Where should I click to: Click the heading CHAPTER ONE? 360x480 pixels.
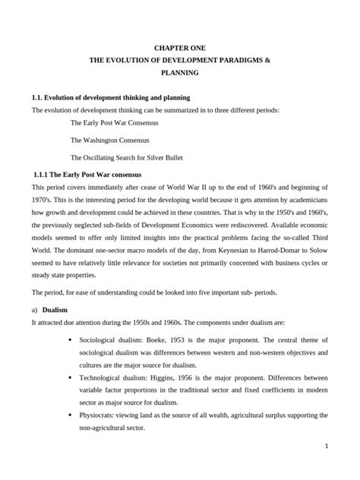tap(179, 47)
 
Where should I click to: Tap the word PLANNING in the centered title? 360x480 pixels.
tap(179, 73)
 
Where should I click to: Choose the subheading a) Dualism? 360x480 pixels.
tap(53, 310)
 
